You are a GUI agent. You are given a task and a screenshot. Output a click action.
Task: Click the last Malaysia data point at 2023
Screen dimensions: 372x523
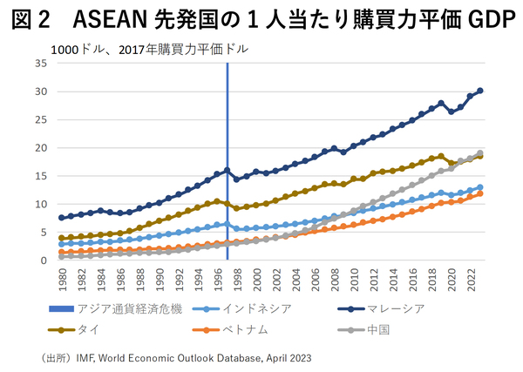tap(480, 91)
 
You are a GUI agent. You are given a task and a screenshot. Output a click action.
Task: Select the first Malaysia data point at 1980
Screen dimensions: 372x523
tap(61, 218)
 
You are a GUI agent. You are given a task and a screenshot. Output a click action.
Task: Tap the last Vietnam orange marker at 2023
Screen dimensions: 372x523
tap(480, 193)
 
